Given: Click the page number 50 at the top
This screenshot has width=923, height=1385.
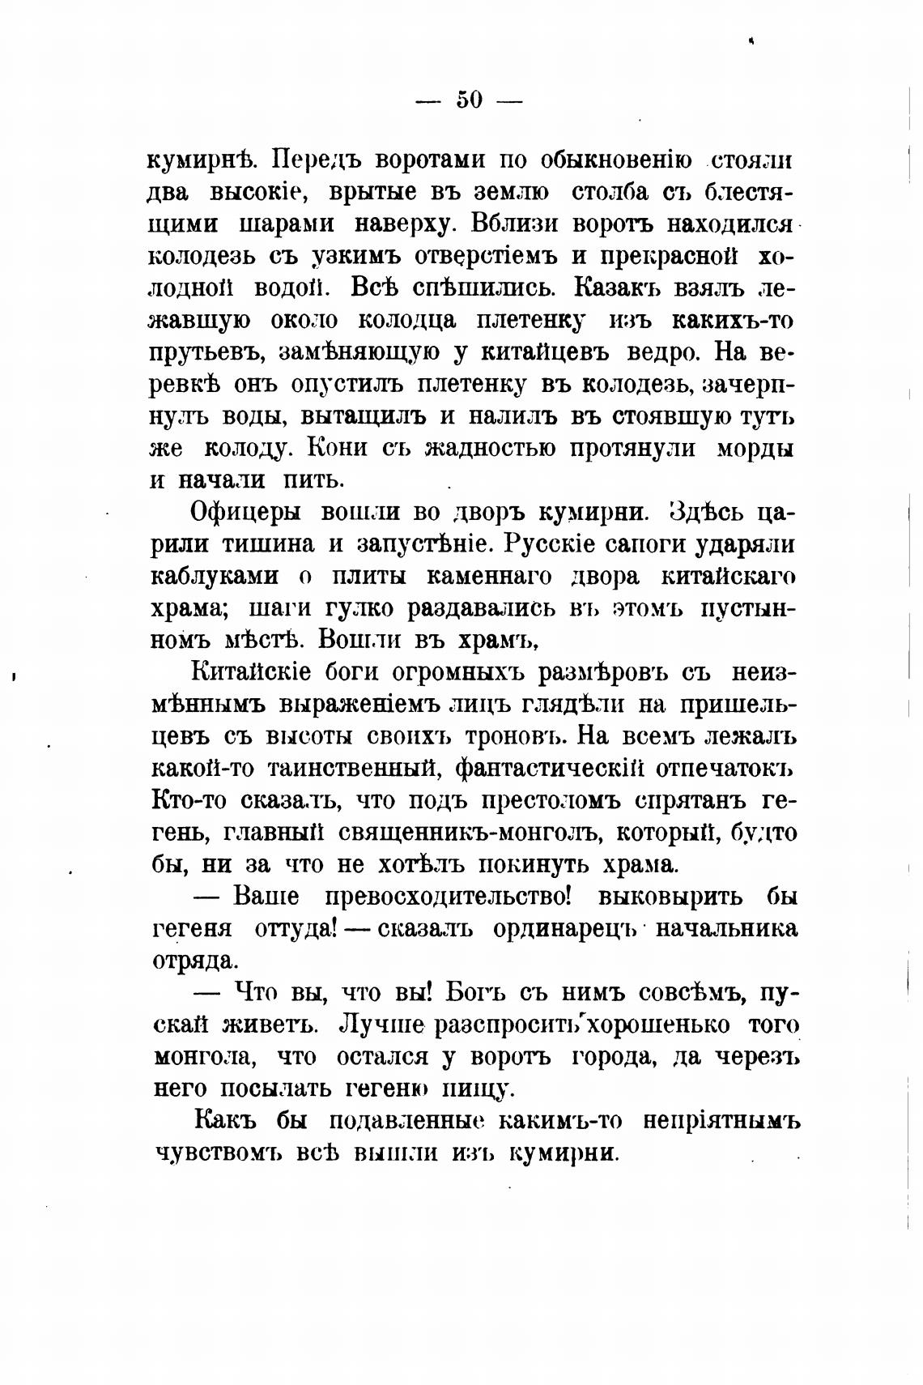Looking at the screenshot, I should [470, 100].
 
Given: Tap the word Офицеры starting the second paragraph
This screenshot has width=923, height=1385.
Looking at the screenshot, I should [245, 512].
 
